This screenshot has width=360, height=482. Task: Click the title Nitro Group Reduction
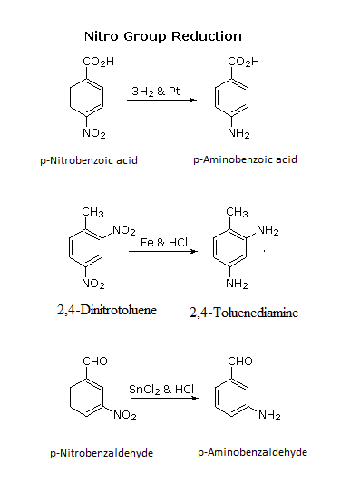162,36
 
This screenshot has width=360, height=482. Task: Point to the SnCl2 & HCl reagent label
161,389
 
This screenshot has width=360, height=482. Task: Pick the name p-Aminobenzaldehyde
252,451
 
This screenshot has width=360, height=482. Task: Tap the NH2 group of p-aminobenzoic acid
238,136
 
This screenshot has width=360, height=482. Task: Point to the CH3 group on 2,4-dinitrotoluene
92,212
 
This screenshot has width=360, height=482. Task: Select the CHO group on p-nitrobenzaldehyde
94,361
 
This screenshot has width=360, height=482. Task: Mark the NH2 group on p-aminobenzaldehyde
269,416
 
